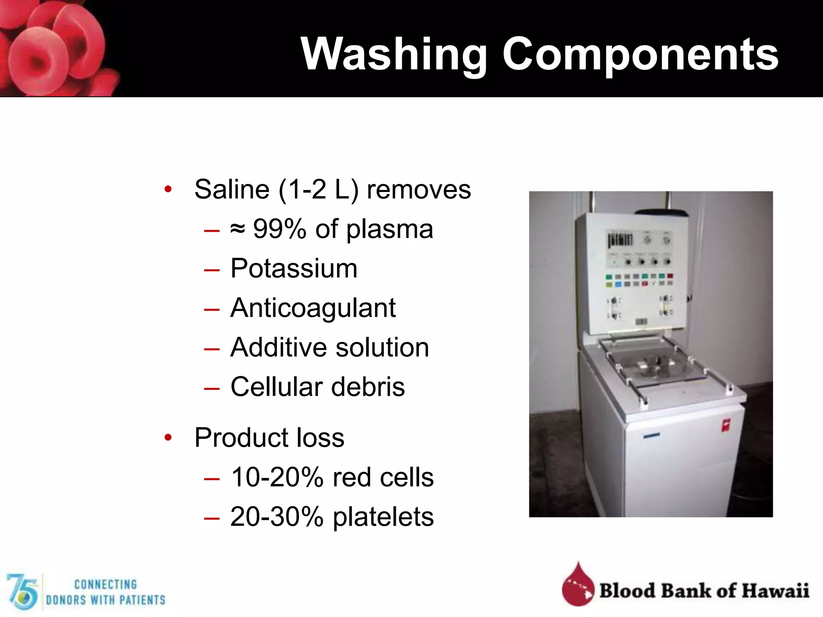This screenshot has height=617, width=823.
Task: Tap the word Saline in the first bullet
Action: [x=232, y=189]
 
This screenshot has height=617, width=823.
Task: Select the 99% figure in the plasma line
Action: [x=280, y=229]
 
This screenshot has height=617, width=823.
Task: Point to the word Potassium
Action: [x=294, y=268]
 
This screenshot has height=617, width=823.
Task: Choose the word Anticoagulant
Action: [x=313, y=308]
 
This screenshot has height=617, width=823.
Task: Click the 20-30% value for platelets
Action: [x=277, y=517]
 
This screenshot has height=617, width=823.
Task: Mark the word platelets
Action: [x=383, y=517]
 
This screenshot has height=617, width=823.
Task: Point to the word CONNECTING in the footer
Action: [x=106, y=584]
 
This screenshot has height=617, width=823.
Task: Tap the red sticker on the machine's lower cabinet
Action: [x=726, y=425]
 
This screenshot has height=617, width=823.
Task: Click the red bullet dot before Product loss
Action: [x=168, y=437]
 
